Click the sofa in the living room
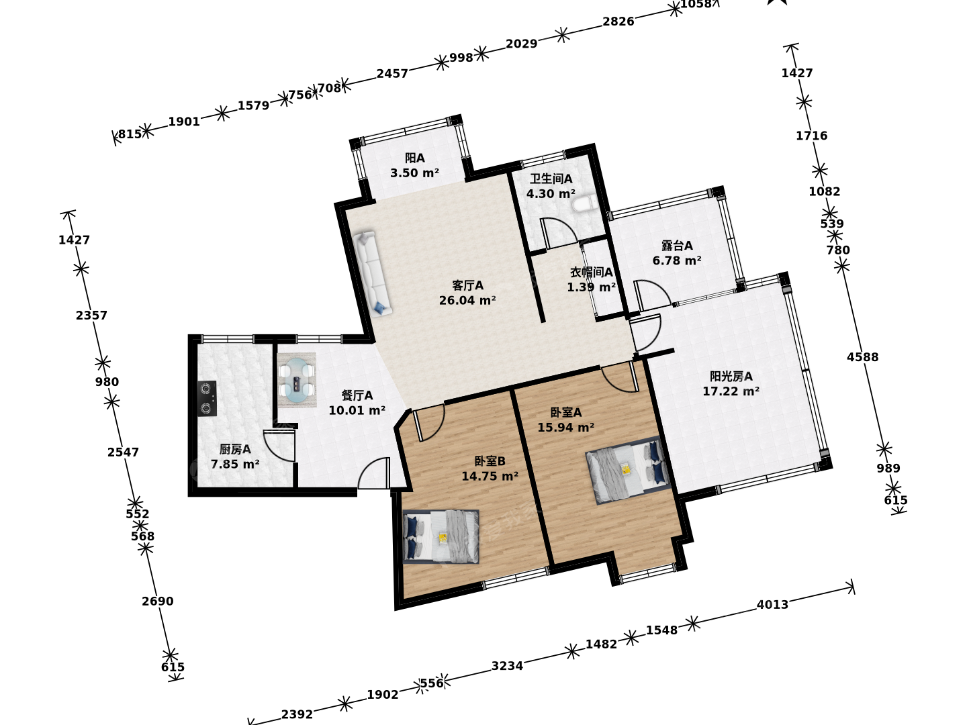(372, 274)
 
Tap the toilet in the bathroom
(584, 204)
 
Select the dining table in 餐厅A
(297, 380)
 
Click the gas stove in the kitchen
(207, 398)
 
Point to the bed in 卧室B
(441, 536)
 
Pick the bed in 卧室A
(629, 470)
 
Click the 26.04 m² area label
(467, 301)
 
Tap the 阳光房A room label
(731, 377)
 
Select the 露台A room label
(677, 246)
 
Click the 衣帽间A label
(591, 273)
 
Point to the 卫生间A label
(551, 179)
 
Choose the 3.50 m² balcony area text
(414, 173)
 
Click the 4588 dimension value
(863, 357)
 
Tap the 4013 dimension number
(773, 605)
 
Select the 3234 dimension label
(507, 666)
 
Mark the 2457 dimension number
(392, 74)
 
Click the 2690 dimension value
(158, 601)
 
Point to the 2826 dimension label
(618, 21)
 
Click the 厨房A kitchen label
(235, 450)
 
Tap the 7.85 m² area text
(235, 465)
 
